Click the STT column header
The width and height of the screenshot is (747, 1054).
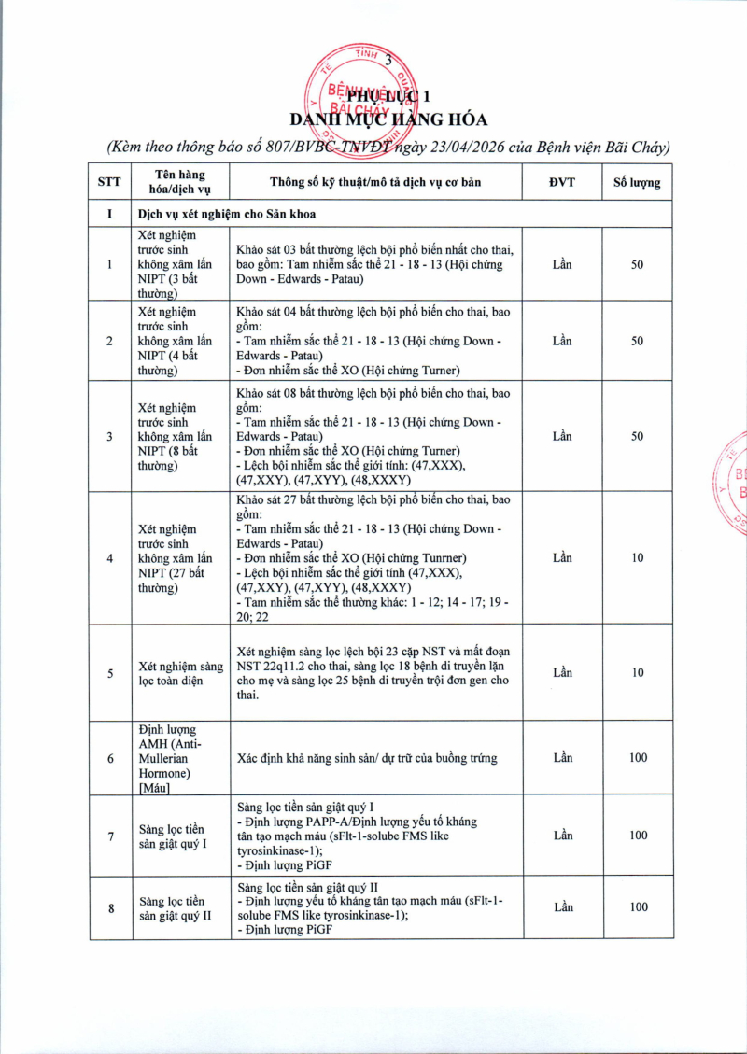pyautogui.click(x=109, y=183)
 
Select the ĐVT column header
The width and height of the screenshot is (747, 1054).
pyautogui.click(x=562, y=183)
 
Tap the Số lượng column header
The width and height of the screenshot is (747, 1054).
pyautogui.click(x=637, y=183)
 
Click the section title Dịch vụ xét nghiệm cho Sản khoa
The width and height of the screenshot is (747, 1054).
pyautogui.click(x=227, y=214)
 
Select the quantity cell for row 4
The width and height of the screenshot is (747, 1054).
pyautogui.click(x=637, y=558)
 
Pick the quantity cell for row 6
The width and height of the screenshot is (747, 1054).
pyautogui.click(x=637, y=758)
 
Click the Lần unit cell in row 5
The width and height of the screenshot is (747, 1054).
pyautogui.click(x=562, y=672)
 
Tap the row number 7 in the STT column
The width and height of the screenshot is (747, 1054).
pyautogui.click(x=109, y=836)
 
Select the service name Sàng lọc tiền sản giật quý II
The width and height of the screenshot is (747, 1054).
pyautogui.click(x=176, y=907)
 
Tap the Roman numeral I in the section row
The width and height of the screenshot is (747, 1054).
pyautogui.click(x=109, y=214)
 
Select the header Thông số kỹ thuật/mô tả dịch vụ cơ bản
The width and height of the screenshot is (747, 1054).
pyautogui.click(x=376, y=183)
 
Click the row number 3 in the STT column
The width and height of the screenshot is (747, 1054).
pyautogui.click(x=109, y=437)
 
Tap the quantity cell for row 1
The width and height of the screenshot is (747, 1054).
pyautogui.click(x=637, y=265)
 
